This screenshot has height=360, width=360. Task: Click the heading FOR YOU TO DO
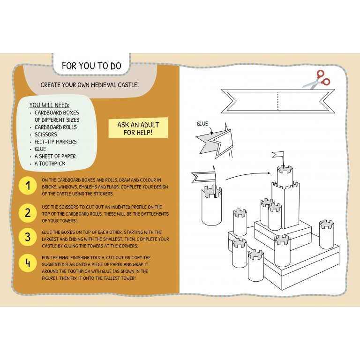(91, 66)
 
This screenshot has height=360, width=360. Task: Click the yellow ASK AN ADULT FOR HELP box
(138, 128)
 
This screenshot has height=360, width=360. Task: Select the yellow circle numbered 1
(28, 186)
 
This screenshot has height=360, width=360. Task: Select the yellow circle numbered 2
(28, 212)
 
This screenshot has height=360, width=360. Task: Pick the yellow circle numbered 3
(28, 238)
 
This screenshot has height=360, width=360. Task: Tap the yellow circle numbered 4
(28, 263)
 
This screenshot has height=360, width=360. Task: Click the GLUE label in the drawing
(202, 124)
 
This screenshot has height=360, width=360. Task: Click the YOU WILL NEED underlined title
(49, 105)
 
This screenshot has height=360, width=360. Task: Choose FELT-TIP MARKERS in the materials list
(55, 142)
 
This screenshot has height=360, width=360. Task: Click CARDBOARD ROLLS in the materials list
(55, 127)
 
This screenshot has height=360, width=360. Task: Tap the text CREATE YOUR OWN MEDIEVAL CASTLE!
(90, 85)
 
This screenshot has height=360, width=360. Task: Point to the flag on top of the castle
(279, 156)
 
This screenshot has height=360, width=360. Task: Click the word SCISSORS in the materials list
(45, 135)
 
